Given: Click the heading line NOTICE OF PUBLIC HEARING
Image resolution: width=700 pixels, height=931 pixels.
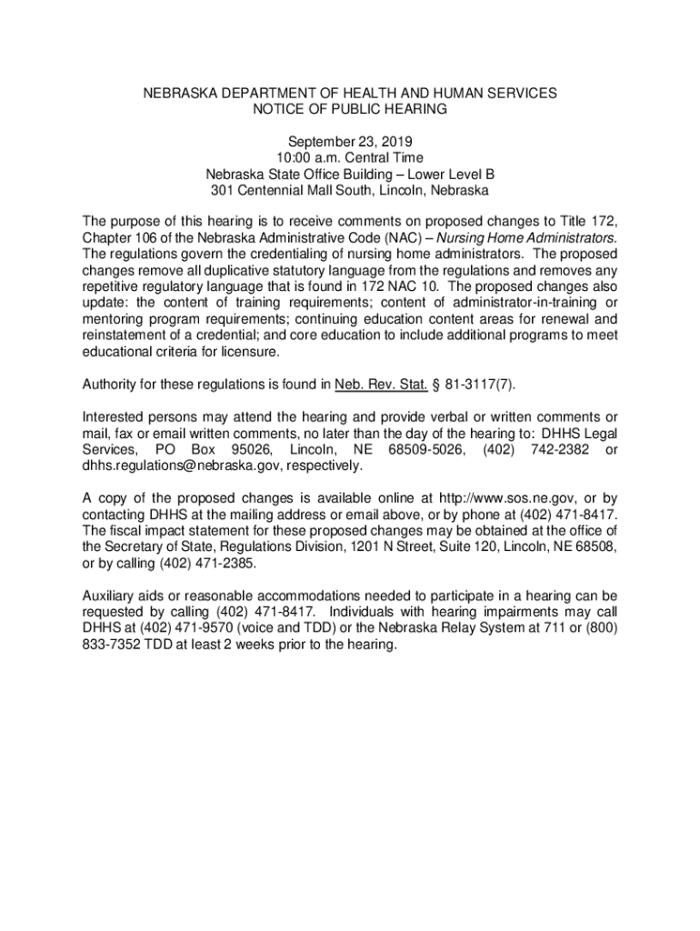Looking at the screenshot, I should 350,109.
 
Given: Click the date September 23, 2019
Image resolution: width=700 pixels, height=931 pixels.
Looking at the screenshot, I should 350,142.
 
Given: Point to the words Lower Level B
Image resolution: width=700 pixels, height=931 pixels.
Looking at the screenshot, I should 451,175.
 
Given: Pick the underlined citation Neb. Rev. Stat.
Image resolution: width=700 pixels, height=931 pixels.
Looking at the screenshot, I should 382,384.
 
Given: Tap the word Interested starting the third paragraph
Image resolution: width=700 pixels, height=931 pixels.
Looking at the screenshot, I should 114,416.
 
